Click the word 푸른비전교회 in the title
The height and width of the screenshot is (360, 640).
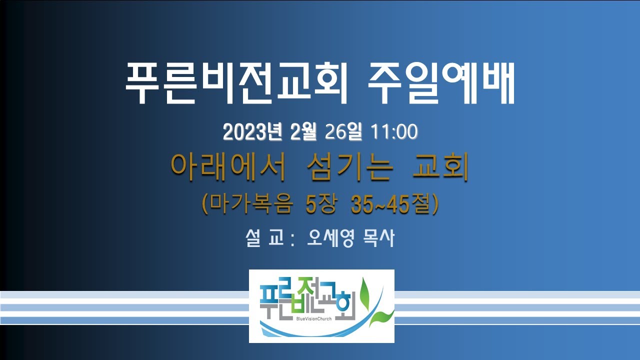click(x=236, y=83)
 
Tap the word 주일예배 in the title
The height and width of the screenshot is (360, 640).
click(x=441, y=83)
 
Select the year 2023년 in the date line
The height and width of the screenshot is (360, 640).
click(x=252, y=132)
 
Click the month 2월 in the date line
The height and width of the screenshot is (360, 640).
click(x=303, y=132)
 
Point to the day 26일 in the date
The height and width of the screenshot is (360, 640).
click(x=343, y=132)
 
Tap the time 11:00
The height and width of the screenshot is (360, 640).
click(x=394, y=132)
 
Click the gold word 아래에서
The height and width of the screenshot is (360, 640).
click(x=228, y=167)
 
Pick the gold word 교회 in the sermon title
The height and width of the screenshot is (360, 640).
click(x=440, y=167)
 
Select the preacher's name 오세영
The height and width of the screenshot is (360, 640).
click(x=331, y=237)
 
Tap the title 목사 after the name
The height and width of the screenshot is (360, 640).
click(x=378, y=237)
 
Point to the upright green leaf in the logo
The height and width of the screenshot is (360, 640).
click(x=365, y=293)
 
